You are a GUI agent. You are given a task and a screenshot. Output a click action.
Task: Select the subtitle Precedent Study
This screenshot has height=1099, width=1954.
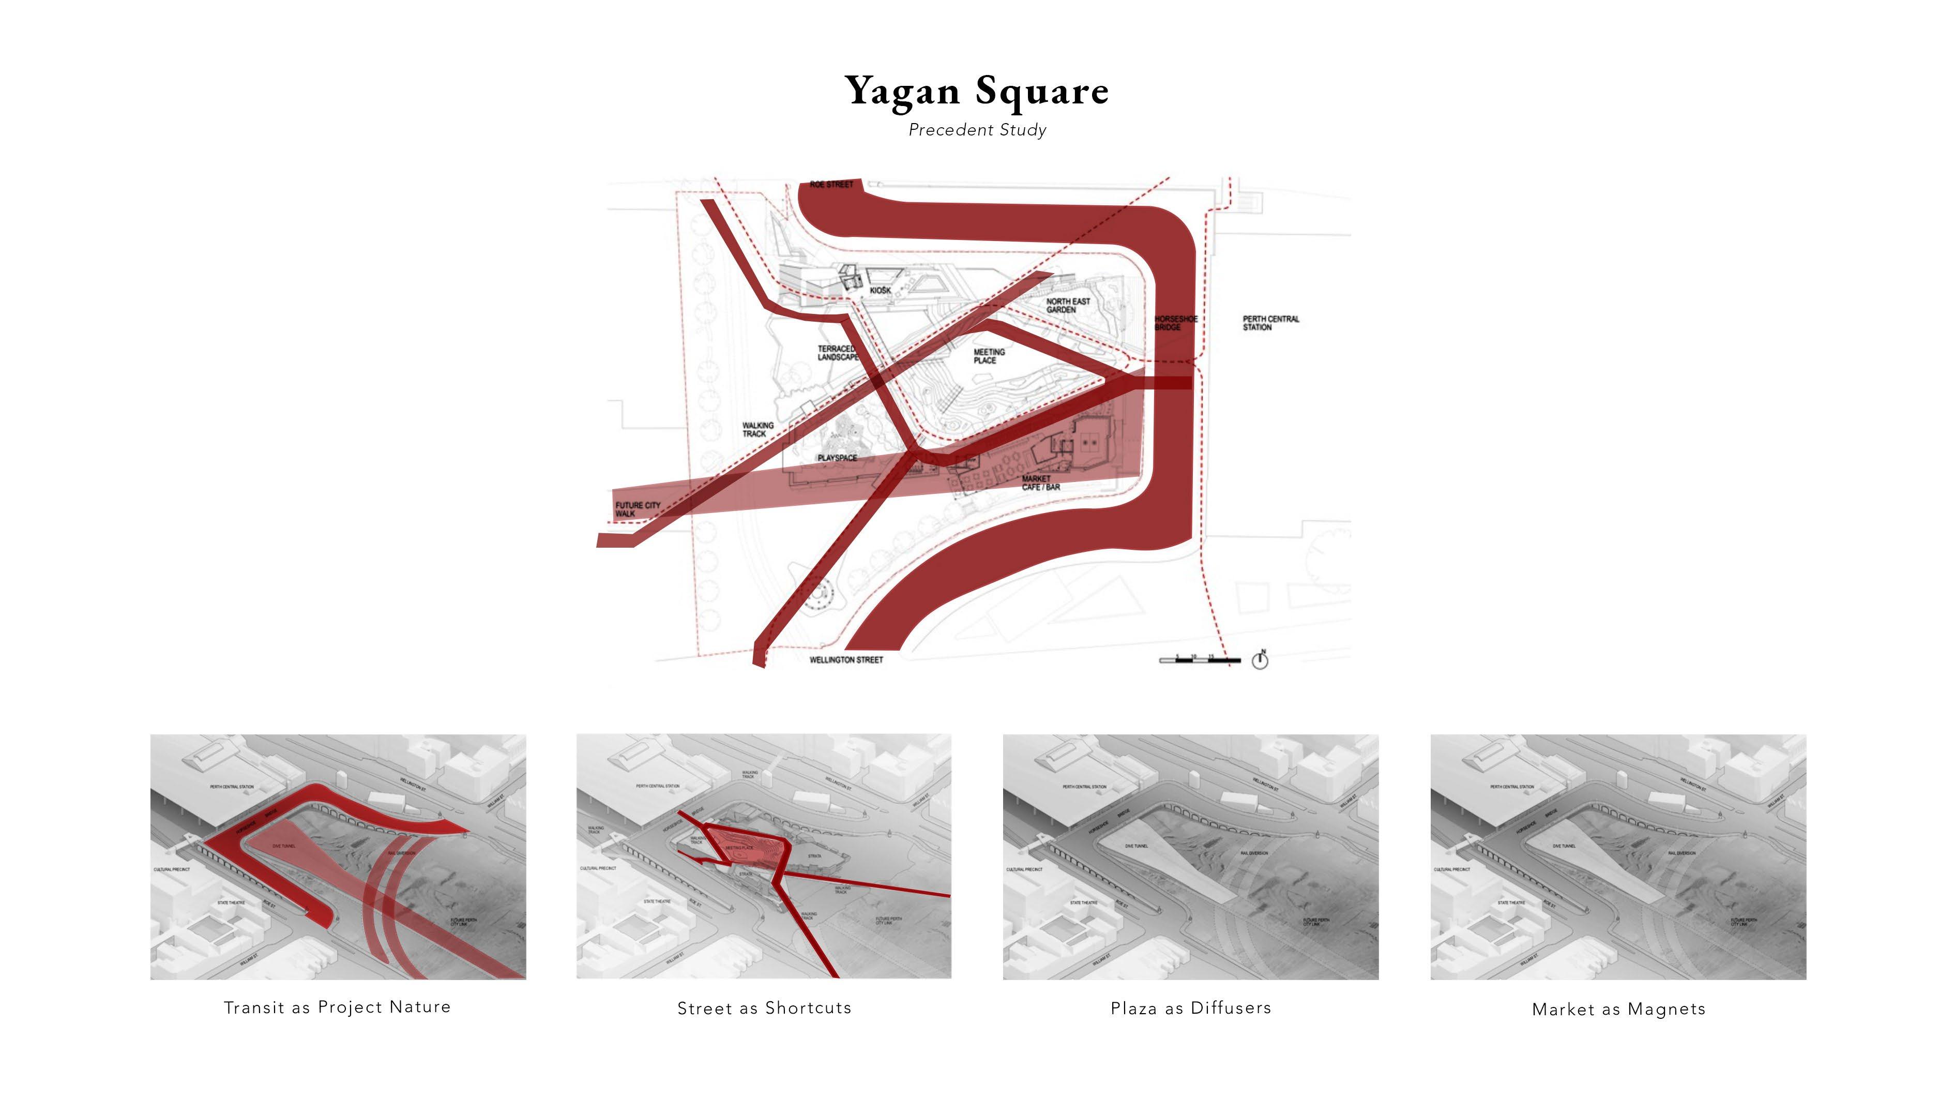[977, 130]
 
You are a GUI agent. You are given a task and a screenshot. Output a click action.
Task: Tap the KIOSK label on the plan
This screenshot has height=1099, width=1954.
[880, 291]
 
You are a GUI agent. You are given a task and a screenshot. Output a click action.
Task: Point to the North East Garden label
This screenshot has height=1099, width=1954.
[1068, 306]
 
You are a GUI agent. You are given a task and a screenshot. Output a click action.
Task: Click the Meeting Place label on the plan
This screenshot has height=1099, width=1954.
[989, 356]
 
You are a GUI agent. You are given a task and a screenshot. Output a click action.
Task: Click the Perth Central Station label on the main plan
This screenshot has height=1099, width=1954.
[1270, 323]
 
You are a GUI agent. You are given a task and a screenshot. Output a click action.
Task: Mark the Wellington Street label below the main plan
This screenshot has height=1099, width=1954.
[846, 660]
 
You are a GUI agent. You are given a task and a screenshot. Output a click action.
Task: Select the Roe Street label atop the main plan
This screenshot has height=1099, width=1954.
[831, 184]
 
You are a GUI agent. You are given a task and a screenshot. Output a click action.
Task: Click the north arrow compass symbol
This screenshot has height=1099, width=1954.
[1260, 660]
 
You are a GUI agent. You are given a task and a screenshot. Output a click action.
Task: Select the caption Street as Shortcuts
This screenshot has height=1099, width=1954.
[764, 1008]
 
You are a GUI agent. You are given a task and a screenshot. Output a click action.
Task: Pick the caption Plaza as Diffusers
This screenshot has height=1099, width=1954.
[1190, 1008]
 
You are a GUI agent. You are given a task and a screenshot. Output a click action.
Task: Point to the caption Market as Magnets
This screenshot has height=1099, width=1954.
[1618, 1008]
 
